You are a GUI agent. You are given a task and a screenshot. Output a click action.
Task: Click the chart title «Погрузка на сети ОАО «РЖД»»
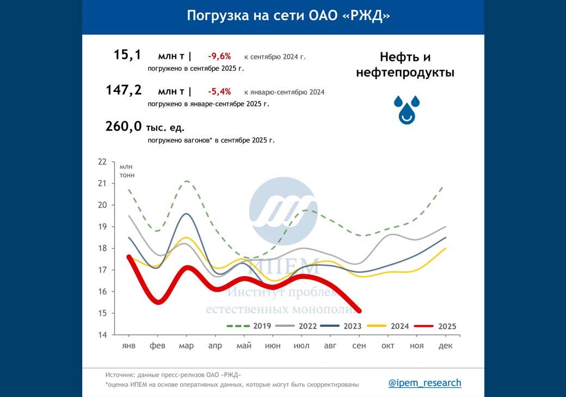[288, 15]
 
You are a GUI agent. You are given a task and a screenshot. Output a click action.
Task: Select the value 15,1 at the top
[127, 54]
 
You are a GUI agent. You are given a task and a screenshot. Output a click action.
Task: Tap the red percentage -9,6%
[219, 56]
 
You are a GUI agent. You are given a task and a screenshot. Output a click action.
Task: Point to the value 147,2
[124, 90]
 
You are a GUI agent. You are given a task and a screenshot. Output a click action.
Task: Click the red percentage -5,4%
[219, 91]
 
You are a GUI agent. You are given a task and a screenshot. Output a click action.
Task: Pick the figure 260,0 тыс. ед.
[145, 127]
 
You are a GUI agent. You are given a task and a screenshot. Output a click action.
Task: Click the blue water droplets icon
[407, 109]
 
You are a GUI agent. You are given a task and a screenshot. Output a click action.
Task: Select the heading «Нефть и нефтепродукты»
[405, 65]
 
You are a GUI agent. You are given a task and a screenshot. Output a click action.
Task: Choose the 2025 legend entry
[435, 326]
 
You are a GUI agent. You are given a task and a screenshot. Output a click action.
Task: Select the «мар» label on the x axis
[186, 346]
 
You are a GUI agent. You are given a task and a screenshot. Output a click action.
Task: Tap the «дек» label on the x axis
[446, 346]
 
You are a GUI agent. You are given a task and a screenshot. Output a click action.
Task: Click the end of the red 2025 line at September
[359, 311]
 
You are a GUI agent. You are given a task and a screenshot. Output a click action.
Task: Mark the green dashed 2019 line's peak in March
[187, 181]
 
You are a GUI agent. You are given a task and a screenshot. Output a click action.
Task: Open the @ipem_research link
[424, 383]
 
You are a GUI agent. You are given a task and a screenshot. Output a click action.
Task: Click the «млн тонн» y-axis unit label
[127, 171]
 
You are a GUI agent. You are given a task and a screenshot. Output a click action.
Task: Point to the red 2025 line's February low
[158, 302]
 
